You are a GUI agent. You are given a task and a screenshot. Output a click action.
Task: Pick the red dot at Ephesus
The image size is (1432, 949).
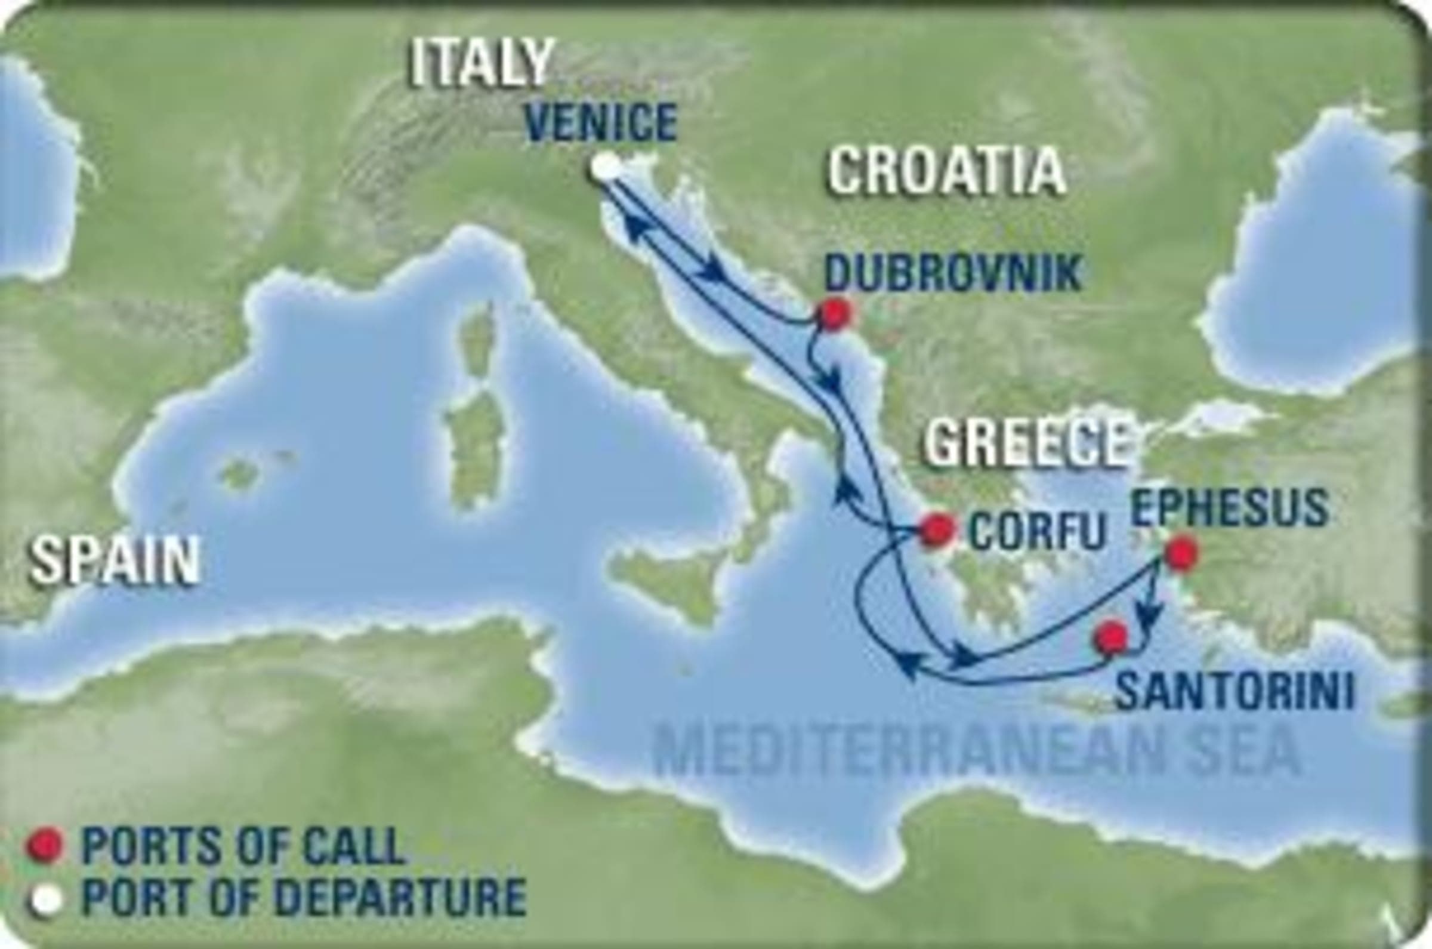1181,553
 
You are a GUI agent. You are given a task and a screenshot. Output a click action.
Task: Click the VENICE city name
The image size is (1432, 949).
606,122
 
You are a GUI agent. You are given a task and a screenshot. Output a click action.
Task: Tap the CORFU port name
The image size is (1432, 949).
1037,532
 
